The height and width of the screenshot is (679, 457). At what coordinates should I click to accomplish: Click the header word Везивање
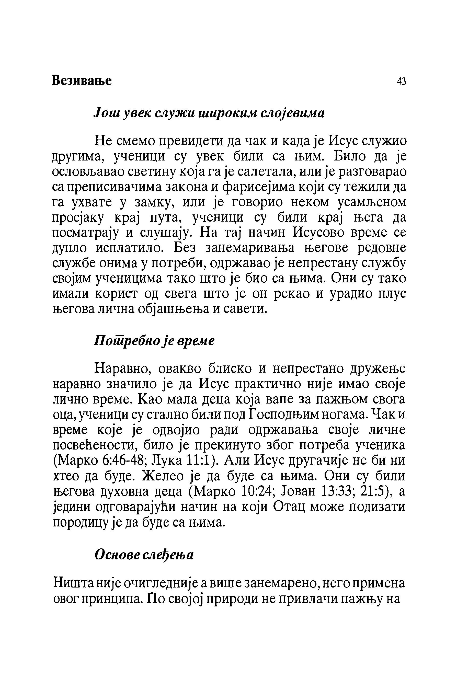82,81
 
